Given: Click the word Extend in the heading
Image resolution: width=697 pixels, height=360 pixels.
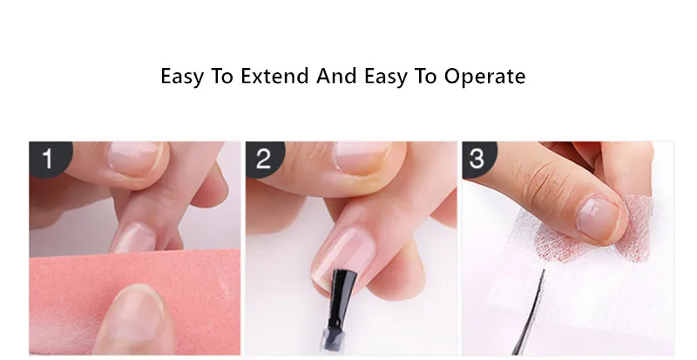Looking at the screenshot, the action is tap(274, 76).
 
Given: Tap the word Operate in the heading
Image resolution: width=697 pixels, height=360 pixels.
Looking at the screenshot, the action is tap(485, 76).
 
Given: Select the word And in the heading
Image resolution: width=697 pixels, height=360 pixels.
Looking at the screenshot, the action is tap(336, 76).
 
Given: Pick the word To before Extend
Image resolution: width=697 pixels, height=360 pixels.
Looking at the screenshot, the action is tap(221, 76).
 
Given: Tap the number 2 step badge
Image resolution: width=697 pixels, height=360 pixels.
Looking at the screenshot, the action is tap(265, 159).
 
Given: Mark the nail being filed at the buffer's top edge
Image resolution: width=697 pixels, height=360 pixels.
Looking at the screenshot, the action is tap(133, 238).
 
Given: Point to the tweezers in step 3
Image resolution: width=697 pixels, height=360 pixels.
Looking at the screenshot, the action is tap(529, 314).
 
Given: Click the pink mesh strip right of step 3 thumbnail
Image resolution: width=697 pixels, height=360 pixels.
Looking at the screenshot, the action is tap(639, 228).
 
